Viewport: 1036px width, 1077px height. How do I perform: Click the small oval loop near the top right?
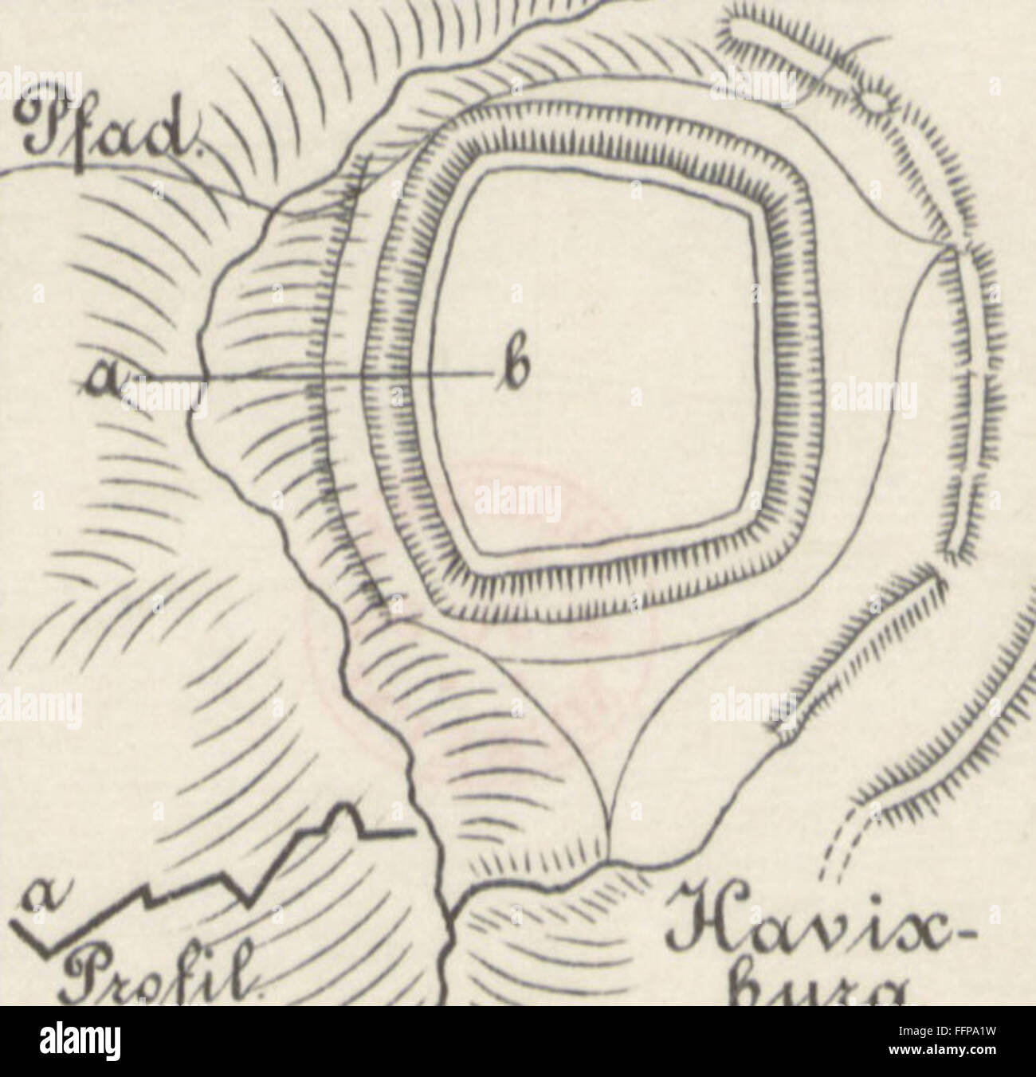pos(872,102)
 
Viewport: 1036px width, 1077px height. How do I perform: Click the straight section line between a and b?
pos(319,375)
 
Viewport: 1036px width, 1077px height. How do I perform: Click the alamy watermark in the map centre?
pos(518,503)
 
